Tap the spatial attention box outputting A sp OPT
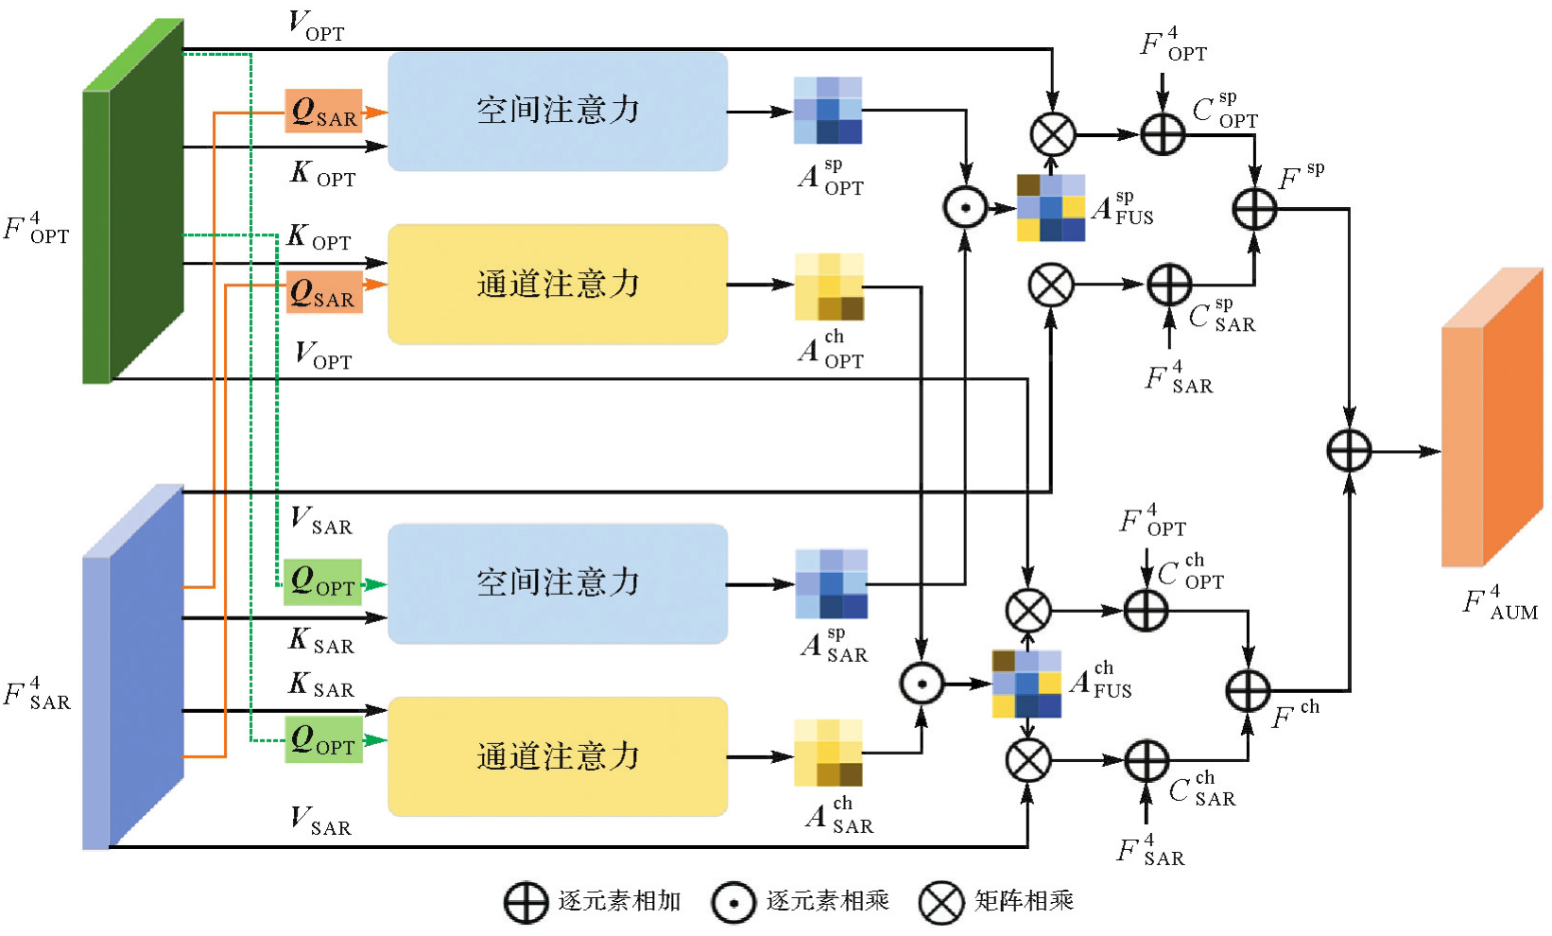[558, 112]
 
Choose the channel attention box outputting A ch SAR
[558, 756]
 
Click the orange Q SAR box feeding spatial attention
[324, 112]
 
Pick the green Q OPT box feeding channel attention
[324, 739]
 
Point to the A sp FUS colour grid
[1051, 208]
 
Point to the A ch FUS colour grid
[1026, 684]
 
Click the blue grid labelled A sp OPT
[828, 111]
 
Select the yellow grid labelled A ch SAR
[828, 753]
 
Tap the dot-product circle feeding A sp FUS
[965, 208]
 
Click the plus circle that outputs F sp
[1254, 209]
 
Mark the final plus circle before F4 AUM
[1349, 450]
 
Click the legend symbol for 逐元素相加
[526, 902]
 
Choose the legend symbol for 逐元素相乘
[733, 902]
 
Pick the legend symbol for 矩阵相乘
[941, 902]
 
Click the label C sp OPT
[1225, 112]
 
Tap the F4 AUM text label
[1500, 603]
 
